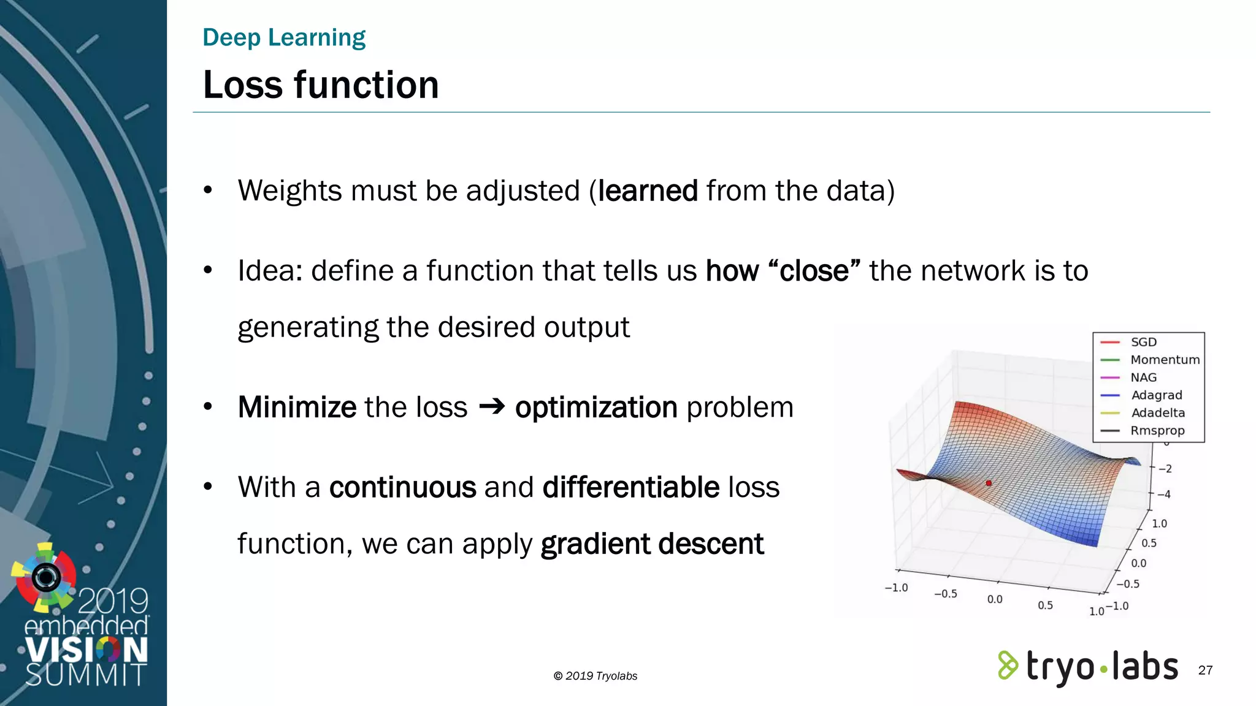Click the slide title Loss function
(321, 85)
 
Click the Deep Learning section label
(284, 37)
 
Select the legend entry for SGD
(1143, 342)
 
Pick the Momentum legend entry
(1165, 360)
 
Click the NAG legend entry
(1143, 378)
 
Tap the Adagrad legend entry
(1156, 395)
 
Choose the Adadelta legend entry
(1157, 413)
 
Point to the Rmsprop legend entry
(1157, 431)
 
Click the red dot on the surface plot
(989, 484)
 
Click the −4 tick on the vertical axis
(1163, 495)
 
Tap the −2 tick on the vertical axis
(1165, 469)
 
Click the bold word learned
(648, 191)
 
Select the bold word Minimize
(297, 407)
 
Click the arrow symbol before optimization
(491, 406)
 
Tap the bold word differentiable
(631, 487)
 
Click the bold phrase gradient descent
(652, 544)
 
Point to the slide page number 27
(1205, 670)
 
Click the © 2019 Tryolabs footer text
(595, 676)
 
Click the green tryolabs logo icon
(1008, 666)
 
